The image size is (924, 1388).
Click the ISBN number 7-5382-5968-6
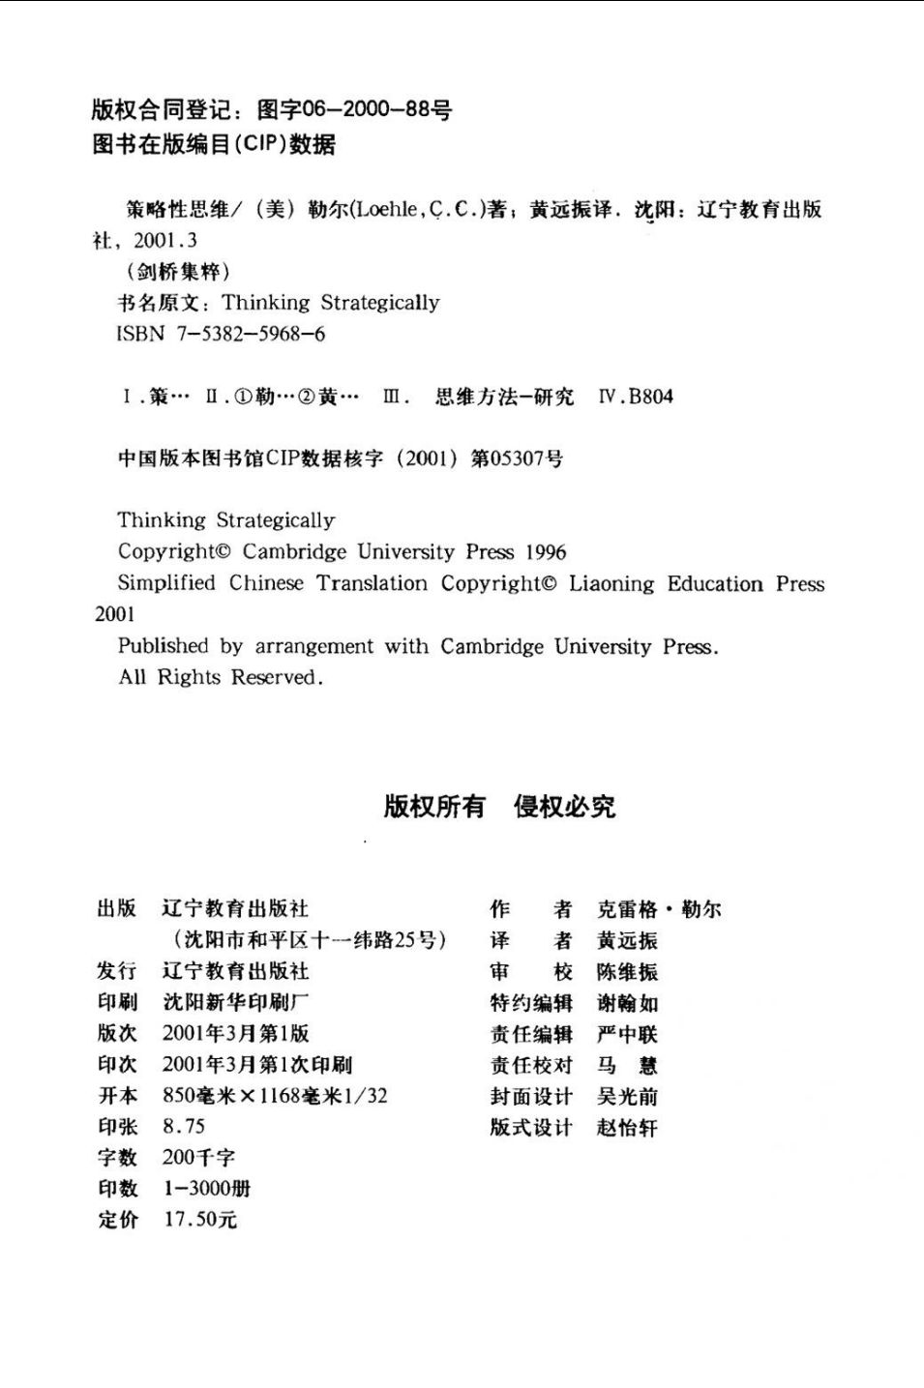tap(251, 335)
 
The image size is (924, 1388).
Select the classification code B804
tap(650, 397)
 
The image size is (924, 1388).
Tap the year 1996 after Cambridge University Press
tap(546, 552)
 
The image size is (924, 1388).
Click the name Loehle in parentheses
tap(386, 210)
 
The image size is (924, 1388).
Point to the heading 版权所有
tap(434, 806)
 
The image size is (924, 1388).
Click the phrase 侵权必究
tap(564, 806)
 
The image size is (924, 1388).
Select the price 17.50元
tap(200, 1220)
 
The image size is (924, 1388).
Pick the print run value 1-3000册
tap(207, 1189)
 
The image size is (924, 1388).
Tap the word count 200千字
tap(198, 1158)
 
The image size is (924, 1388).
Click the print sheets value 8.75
tap(184, 1127)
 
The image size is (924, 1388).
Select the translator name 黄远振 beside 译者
tap(627, 940)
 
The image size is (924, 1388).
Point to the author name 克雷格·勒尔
tap(658, 909)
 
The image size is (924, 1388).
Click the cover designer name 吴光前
tap(627, 1096)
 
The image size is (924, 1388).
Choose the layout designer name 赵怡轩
tap(627, 1128)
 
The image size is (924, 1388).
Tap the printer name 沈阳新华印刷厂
tap(236, 1002)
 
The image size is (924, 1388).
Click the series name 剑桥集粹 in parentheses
tap(178, 272)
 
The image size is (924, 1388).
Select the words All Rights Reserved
tap(221, 677)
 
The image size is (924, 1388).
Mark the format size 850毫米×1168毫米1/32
tap(275, 1096)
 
